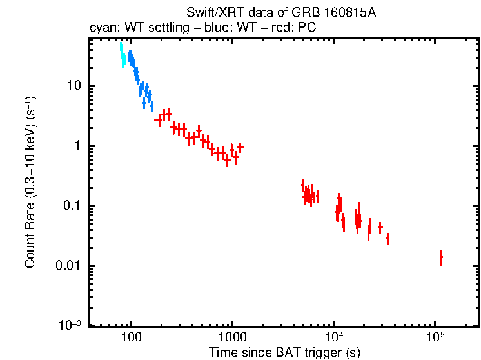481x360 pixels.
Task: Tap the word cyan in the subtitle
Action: point(101,28)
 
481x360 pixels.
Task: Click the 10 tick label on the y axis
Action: point(73,86)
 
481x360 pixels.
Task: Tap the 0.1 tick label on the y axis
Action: point(71,206)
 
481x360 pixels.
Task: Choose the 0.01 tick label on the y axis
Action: point(68,266)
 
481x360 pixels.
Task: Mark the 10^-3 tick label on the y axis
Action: point(70,326)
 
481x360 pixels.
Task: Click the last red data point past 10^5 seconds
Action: point(441,258)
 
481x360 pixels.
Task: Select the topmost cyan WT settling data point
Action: point(120,45)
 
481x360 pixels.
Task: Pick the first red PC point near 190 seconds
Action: point(158,121)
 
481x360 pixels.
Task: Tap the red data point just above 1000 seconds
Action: point(240,147)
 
